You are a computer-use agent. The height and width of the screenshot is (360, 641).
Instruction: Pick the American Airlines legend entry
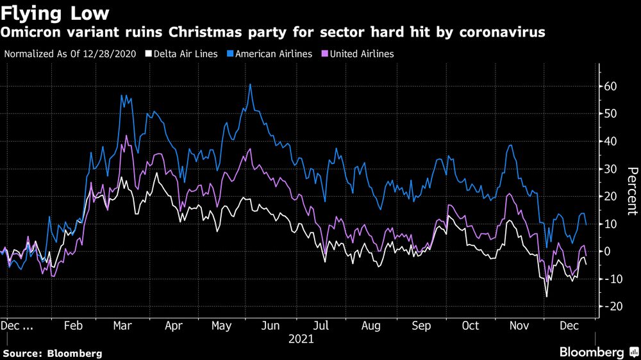[274, 54]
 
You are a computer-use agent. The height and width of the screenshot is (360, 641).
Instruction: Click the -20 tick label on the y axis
[612, 307]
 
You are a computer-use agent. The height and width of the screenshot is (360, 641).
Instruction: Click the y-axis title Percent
[632, 190]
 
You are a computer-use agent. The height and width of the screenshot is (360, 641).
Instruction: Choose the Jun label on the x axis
[272, 325]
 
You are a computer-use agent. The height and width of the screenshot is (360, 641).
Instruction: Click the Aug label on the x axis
[371, 325]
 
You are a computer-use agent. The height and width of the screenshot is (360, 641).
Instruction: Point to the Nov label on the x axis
[519, 325]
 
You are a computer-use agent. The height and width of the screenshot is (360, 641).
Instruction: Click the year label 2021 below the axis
[301, 339]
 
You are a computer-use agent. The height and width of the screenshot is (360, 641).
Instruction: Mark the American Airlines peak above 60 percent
[250, 85]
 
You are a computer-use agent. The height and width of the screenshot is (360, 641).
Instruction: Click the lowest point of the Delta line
[547, 297]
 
